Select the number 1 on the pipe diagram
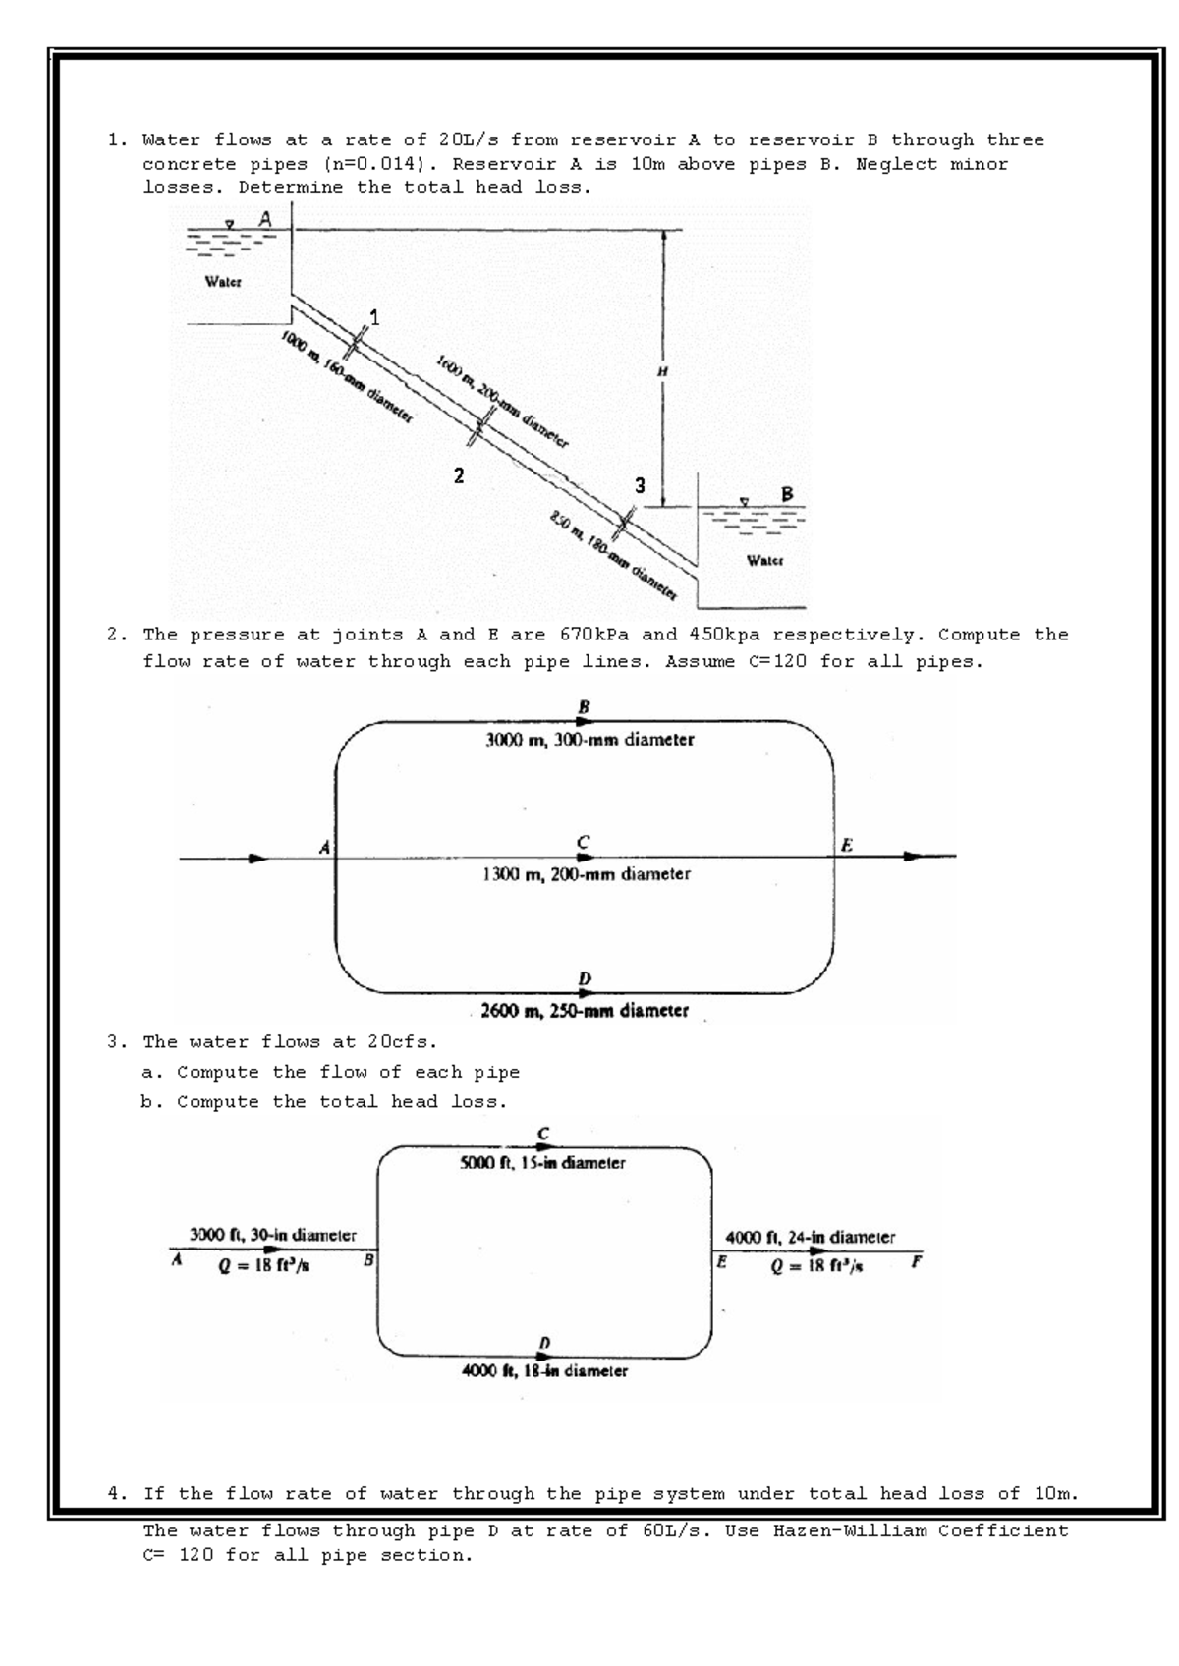pos(374,316)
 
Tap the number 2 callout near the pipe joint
pos(458,476)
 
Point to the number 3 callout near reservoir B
pos(640,485)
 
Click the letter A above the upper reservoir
pos(265,221)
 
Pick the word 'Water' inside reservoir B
pos(764,562)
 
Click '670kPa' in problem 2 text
pos(594,635)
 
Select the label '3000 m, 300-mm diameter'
pos(589,740)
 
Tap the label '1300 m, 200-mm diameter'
pos(587,873)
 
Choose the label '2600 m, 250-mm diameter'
pos(584,1010)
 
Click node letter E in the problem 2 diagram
pos(847,845)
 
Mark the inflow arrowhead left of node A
pos(257,858)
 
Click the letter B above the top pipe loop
pos(585,706)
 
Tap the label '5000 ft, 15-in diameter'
pos(542,1163)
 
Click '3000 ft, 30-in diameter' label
pos(272,1235)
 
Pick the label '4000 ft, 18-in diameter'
pos(544,1370)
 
